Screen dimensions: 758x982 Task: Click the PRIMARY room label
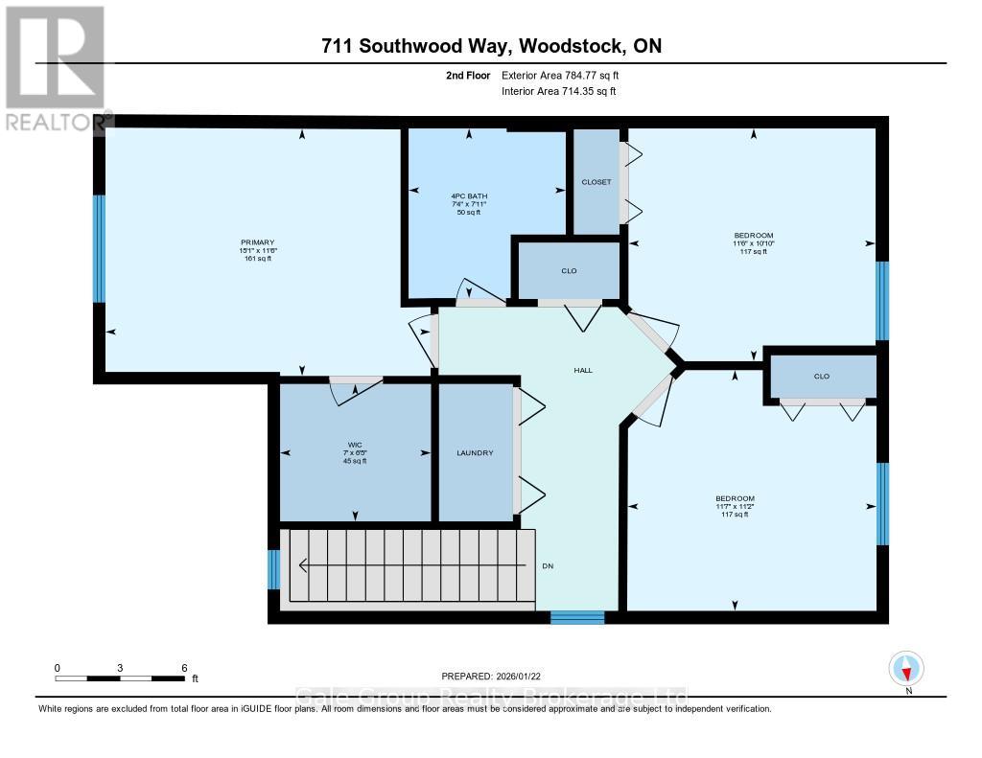[x=257, y=241]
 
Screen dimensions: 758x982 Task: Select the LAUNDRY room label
[x=474, y=452]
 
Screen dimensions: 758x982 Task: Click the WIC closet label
[x=355, y=442]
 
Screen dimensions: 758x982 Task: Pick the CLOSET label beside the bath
[x=596, y=182]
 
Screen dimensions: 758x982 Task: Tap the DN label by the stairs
[x=548, y=565]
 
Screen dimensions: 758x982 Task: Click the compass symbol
[x=906, y=667]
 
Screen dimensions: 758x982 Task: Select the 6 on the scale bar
[x=183, y=667]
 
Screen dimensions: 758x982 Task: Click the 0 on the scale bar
[x=58, y=667]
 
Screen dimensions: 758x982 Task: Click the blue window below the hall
[x=577, y=618]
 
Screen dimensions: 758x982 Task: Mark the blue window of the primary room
[x=99, y=248]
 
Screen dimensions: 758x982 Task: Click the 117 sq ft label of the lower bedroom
[x=735, y=515]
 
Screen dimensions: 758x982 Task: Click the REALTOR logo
[x=55, y=68]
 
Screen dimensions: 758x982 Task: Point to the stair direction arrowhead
[x=303, y=565]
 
